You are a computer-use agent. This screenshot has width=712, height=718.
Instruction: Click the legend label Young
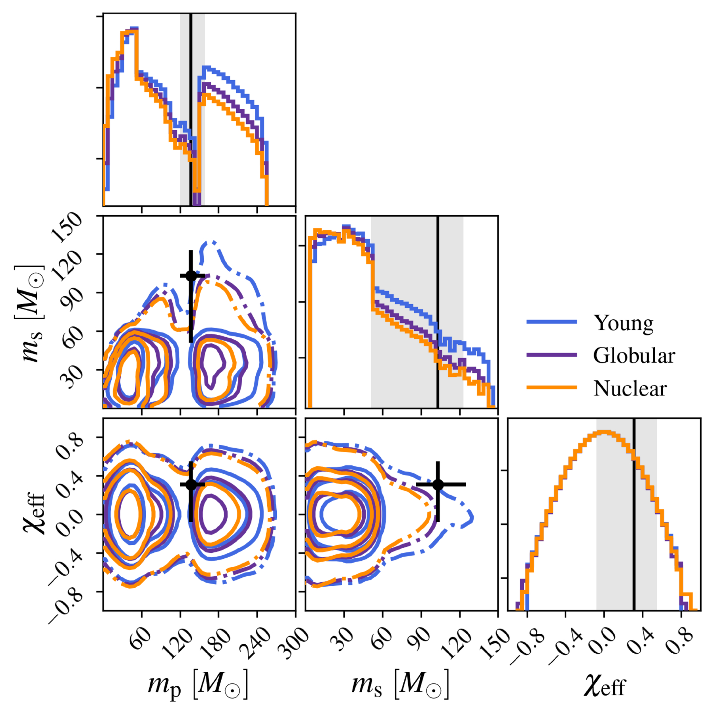[623, 323]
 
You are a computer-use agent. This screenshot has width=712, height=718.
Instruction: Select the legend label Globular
[634, 356]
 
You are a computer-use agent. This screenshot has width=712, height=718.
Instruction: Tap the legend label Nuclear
[630, 388]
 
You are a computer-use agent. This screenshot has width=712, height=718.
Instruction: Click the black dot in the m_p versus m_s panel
[191, 275]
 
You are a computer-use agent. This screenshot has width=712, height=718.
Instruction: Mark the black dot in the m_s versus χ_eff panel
[438, 484]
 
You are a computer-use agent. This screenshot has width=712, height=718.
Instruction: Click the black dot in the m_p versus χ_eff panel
[191, 484]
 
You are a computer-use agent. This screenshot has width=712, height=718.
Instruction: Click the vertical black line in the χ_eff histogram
[634, 516]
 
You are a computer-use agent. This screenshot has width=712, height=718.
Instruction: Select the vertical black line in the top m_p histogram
[191, 99]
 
